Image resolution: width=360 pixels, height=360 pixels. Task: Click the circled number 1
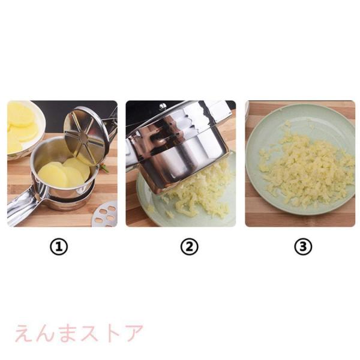tap(59, 247)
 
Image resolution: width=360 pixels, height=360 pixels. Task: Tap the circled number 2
tap(189, 247)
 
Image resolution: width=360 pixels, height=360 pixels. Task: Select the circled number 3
tap(303, 247)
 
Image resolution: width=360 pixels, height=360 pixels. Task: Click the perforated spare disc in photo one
tap(105, 214)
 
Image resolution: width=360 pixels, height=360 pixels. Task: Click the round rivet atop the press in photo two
tap(163, 106)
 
